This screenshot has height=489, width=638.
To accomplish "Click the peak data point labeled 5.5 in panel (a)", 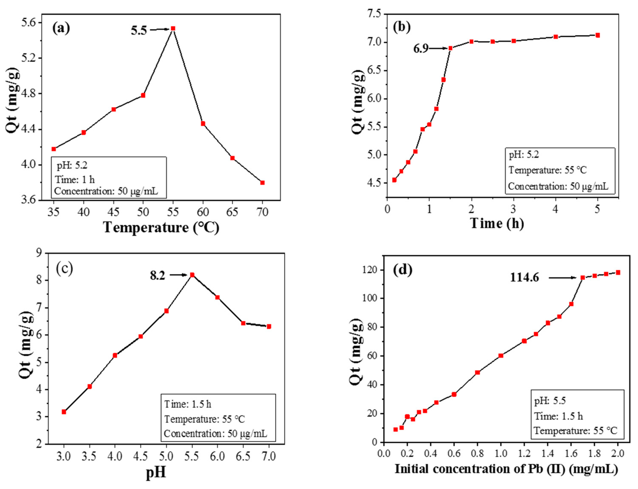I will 173,28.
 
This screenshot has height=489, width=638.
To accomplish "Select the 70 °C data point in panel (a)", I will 262,182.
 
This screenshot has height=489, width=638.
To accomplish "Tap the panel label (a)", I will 61,29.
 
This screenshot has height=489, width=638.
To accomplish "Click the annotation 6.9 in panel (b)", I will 421,49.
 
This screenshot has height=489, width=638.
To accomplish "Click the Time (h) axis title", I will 497,223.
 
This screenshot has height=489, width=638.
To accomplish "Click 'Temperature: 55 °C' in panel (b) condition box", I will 547,170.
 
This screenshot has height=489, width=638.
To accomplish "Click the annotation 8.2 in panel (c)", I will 157,275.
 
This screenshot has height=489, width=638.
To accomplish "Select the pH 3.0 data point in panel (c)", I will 64,412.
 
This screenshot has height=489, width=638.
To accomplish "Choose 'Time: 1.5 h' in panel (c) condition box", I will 188,404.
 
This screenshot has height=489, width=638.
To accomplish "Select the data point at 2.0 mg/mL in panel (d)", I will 618,272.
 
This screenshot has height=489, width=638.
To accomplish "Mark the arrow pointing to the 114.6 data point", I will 562,278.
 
